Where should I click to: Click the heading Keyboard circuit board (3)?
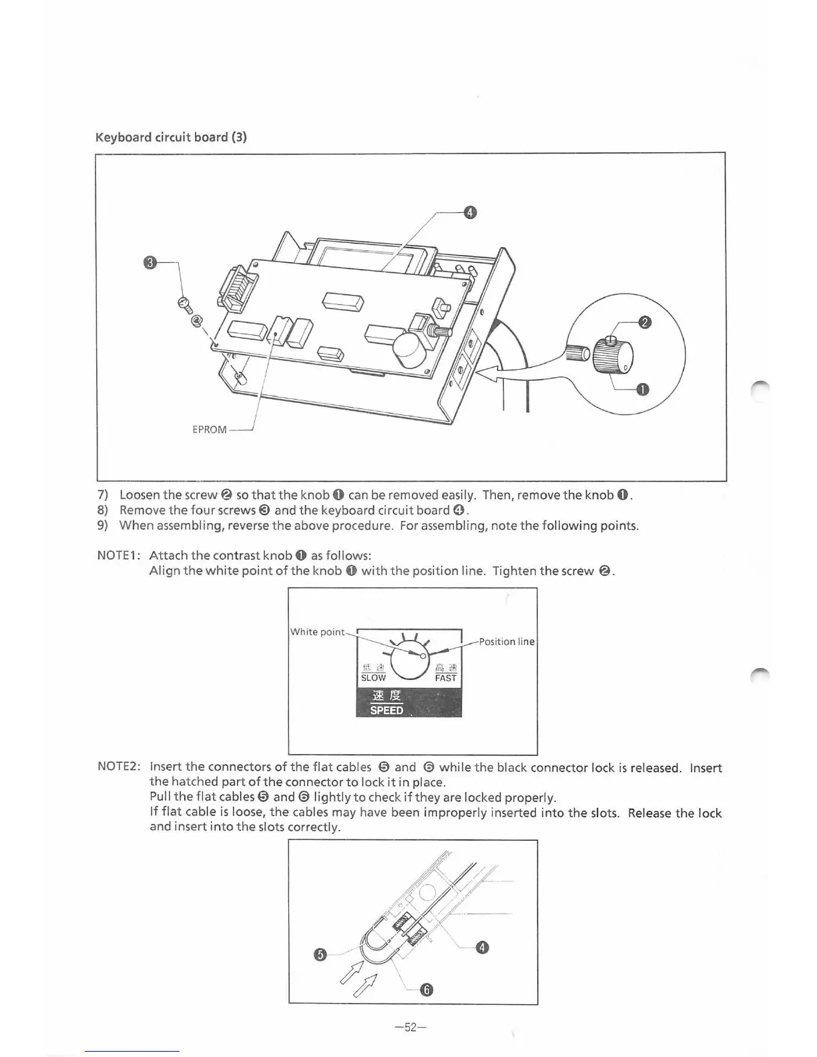[171, 137]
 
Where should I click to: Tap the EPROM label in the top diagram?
[210, 429]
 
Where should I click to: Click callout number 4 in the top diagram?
[470, 213]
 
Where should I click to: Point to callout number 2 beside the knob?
[644, 323]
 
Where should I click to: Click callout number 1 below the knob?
[642, 390]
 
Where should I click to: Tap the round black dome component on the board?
[408, 350]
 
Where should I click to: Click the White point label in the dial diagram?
[318, 631]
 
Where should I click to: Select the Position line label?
[507, 641]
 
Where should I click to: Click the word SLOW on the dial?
[372, 677]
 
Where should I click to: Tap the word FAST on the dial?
[445, 677]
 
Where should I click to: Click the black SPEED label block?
[408, 703]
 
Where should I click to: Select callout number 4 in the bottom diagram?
[483, 948]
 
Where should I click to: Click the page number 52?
[411, 1027]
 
